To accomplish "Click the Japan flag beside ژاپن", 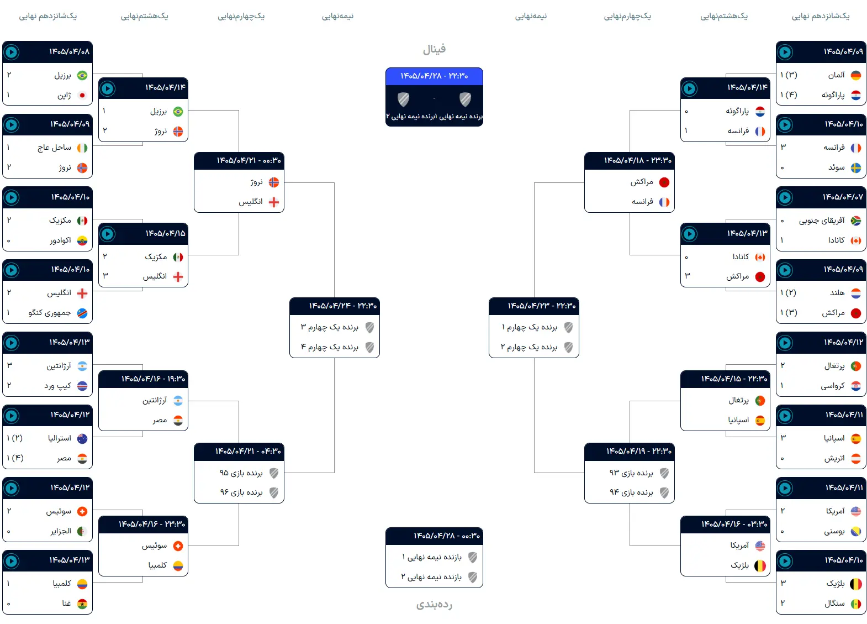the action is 82,95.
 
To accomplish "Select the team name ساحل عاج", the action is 54,148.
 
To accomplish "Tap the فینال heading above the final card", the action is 434,49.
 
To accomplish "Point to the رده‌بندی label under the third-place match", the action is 434,604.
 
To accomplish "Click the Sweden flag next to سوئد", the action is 856,168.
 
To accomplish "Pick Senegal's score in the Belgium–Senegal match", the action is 783,603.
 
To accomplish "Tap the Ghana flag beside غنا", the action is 82,604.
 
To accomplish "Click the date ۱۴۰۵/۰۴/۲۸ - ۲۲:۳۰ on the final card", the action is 434,76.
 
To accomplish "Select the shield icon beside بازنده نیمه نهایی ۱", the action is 473,557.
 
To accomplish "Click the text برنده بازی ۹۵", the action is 241,473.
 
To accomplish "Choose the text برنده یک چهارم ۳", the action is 330,327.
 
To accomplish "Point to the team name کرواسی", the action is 833,386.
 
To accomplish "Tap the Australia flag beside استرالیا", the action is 82,439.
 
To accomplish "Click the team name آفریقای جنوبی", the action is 822,221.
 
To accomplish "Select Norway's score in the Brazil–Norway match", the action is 104,130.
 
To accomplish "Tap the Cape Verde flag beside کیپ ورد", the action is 82,386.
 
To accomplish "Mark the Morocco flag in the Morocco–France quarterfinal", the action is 664,182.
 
